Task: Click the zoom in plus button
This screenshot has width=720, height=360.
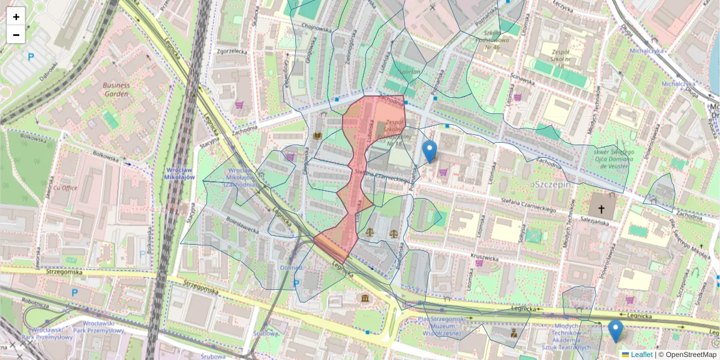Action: [x=16, y=16]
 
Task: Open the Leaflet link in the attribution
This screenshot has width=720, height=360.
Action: [x=641, y=355]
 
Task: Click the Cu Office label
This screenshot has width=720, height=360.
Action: [x=65, y=188]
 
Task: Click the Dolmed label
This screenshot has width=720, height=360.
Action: [x=291, y=268]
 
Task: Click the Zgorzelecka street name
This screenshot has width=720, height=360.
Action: [x=232, y=52]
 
